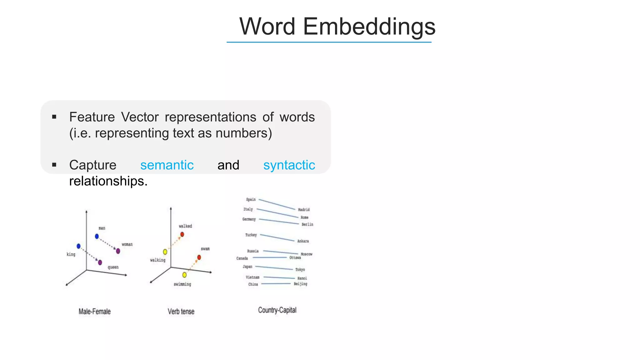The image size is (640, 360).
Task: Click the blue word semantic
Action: (167, 165)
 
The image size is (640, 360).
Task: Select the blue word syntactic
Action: (289, 165)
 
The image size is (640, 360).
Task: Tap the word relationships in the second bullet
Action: (108, 181)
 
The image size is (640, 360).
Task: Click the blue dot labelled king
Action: (78, 246)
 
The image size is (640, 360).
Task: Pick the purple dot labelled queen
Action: (100, 262)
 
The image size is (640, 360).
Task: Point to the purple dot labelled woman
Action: (118, 251)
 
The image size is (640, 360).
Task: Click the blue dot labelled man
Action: (97, 236)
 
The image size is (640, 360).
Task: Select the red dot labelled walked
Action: (182, 234)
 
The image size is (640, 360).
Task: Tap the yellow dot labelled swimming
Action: (184, 275)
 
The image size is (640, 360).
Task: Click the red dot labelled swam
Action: (199, 257)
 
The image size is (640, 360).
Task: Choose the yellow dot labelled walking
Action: (165, 252)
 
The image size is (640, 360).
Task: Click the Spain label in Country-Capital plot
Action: (251, 199)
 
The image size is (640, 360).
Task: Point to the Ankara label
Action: (303, 241)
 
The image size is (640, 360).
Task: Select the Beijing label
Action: (300, 284)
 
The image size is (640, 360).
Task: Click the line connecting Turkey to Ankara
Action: (277, 238)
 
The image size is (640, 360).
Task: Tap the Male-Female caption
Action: (94, 312)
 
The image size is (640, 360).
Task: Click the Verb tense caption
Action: (181, 312)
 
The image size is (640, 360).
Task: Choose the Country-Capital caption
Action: (277, 310)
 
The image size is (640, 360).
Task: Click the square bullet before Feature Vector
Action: (54, 117)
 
